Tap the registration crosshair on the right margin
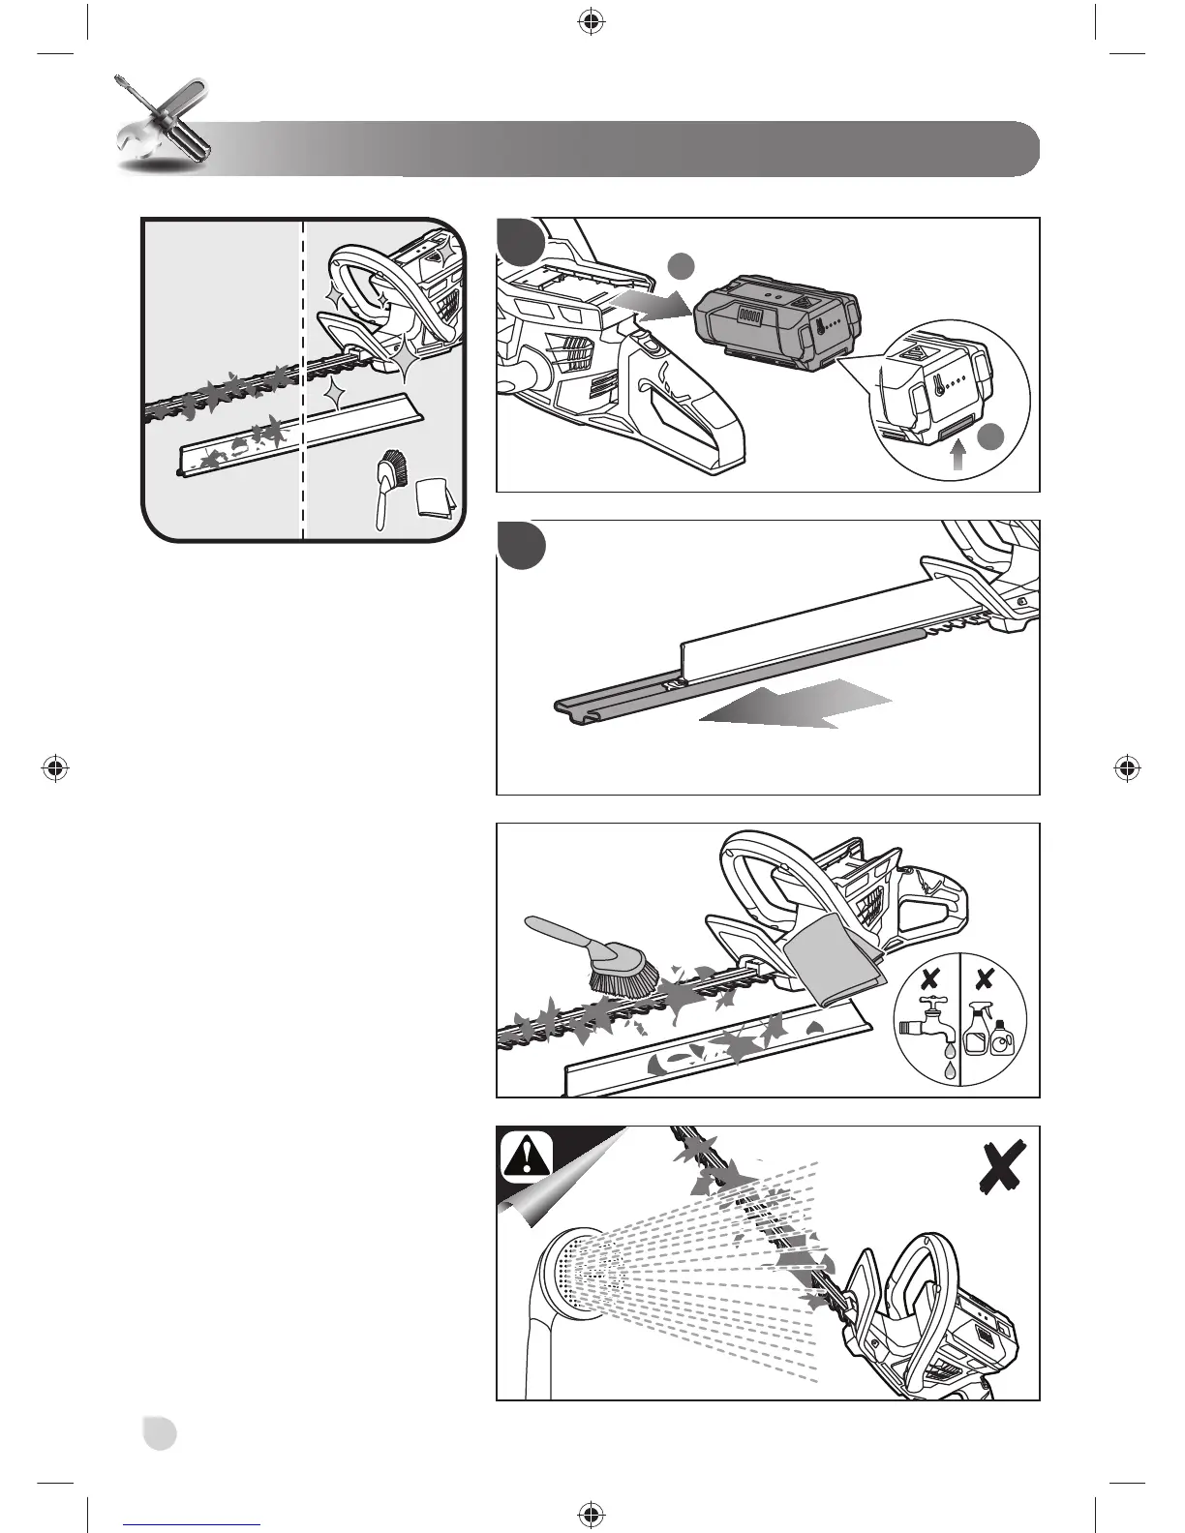[x=1125, y=768]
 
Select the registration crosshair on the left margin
[x=57, y=768]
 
